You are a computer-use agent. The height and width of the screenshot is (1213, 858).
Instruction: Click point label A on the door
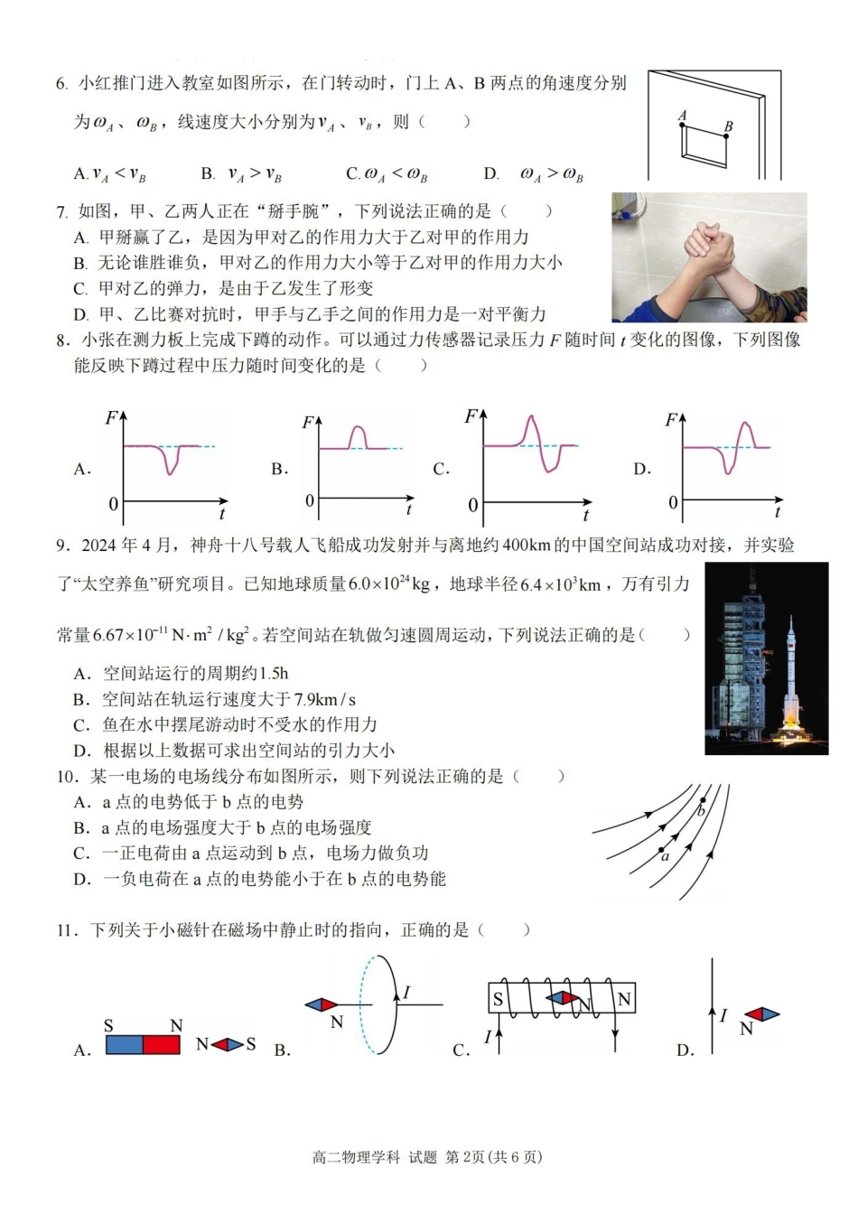682,115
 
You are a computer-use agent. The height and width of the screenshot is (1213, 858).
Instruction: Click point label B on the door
728,126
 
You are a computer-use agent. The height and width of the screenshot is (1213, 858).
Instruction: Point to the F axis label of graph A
111,417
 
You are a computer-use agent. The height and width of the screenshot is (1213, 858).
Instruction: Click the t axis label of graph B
408,510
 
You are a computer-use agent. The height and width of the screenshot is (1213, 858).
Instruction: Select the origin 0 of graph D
673,502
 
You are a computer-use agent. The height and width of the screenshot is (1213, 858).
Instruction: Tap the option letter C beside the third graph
441,469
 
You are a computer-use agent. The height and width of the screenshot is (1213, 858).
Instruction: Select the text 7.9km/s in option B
325,699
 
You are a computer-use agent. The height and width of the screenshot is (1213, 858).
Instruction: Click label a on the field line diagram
665,857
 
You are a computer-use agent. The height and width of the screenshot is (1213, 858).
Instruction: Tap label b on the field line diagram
700,811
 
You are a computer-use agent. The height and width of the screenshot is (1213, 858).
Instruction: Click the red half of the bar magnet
162,1044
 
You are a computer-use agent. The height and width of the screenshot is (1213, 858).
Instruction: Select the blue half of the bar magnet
125,1044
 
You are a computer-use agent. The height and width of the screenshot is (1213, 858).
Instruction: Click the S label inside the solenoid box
498,1000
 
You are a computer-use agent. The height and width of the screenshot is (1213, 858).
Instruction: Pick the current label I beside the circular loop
406,993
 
